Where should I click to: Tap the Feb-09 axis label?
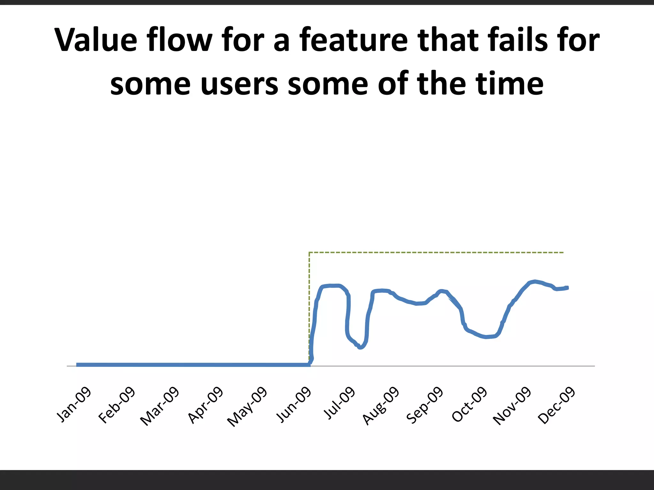point(117,405)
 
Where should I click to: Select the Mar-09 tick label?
point(160,406)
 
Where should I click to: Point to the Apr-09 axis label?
point(205,405)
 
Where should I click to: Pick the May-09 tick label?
point(247,406)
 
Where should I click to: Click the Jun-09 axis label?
point(293,405)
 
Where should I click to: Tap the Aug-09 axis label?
point(381,405)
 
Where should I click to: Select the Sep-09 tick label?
point(425,405)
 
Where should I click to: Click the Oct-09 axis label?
point(469,405)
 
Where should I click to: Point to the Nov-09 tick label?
point(512,406)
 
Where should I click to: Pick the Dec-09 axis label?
point(557,405)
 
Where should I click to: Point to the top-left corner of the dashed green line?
point(309,253)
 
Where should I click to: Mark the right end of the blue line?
point(567,287)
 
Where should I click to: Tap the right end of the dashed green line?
point(564,253)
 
